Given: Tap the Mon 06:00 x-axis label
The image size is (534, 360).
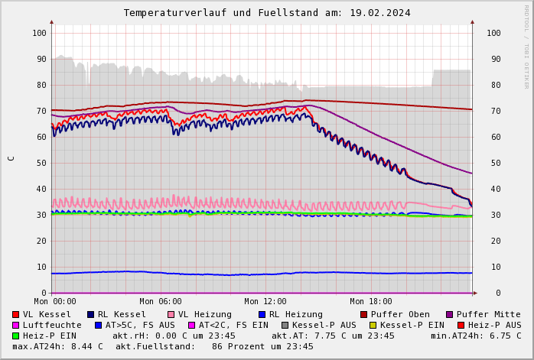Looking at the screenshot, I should (x=161, y=302).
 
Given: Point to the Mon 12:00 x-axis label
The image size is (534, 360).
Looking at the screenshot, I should (x=265, y=302).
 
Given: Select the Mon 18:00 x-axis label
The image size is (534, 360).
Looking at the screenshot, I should (x=370, y=302).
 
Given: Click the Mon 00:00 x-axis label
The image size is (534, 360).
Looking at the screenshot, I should (x=55, y=302).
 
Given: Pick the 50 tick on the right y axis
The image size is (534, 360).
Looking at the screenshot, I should (x=493, y=163).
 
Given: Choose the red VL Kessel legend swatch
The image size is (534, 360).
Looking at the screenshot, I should (x=16, y=314).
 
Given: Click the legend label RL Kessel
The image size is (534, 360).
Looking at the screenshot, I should (x=122, y=314).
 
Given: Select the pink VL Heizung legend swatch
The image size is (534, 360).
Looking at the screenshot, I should (x=171, y=314).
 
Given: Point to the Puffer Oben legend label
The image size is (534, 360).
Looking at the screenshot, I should (x=399, y=314).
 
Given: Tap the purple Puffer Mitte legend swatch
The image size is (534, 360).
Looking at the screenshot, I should (x=450, y=314).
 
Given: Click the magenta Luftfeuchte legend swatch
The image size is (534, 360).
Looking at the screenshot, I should (x=16, y=325).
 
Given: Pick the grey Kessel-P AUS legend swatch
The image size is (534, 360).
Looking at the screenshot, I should (x=285, y=325).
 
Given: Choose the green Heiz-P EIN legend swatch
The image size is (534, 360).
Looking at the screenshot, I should (x=16, y=336).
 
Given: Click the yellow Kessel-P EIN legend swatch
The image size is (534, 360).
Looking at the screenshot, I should (x=373, y=325).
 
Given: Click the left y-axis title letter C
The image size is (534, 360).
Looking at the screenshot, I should (x=11, y=158).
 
